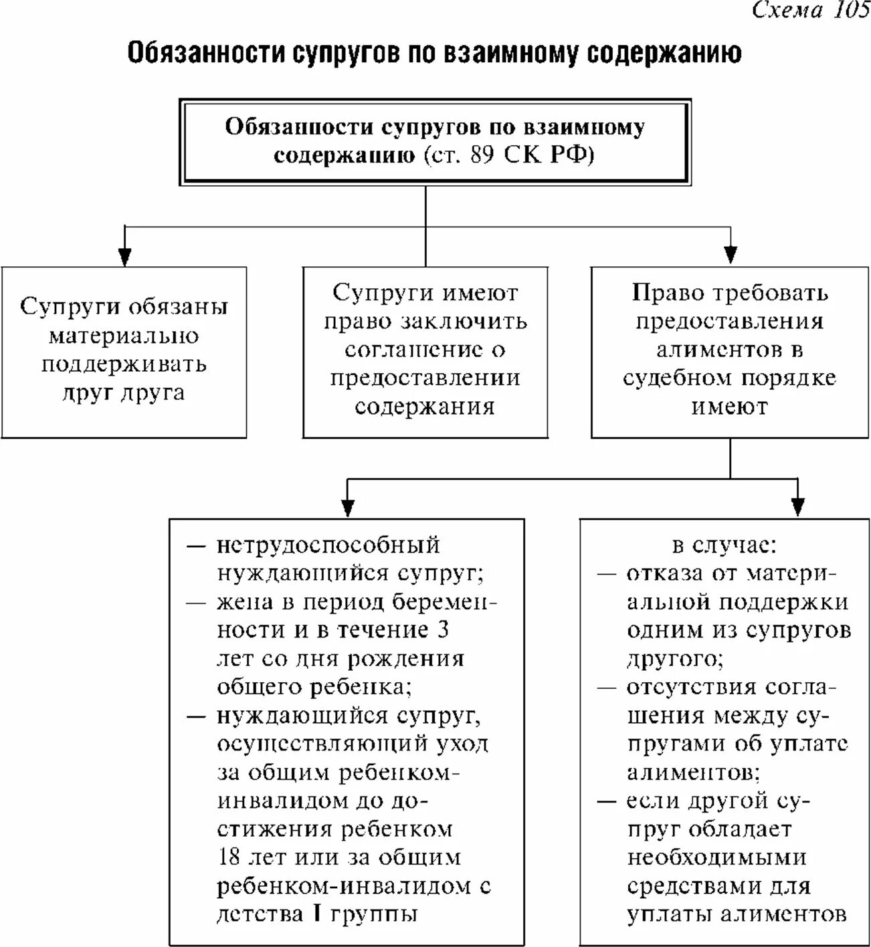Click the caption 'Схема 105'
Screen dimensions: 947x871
810,11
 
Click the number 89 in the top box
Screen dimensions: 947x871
484,155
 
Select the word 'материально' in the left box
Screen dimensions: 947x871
124,335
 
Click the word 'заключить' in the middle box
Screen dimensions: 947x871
464,321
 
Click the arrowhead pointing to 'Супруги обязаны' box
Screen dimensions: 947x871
124,256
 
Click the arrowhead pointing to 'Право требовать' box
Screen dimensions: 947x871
731,255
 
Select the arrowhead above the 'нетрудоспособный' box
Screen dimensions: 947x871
347,508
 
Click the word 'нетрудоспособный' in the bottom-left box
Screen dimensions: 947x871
328,545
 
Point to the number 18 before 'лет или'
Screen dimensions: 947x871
228,857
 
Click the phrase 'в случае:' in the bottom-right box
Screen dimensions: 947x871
724,545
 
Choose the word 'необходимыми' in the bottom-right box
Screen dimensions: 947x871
717,857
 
